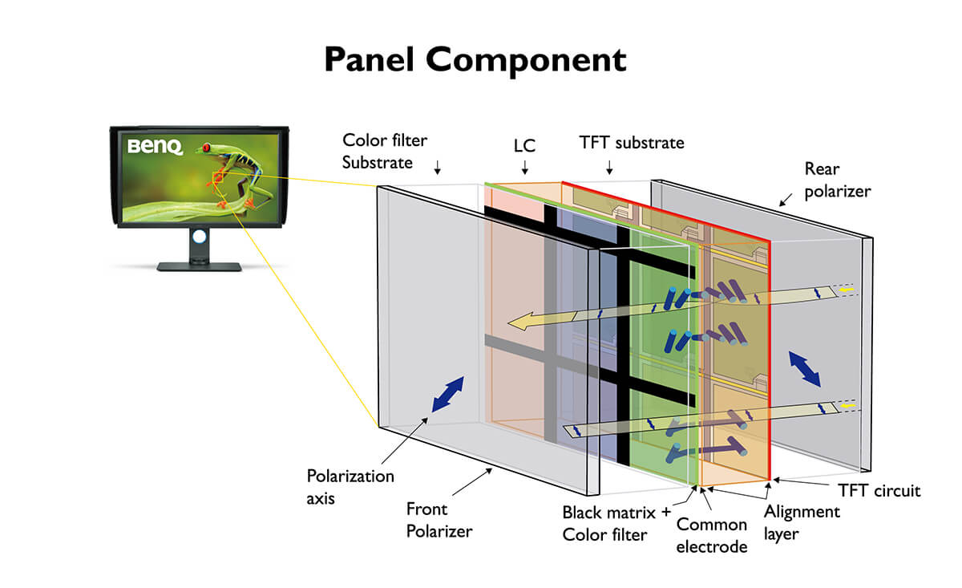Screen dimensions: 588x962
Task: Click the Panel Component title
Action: pyautogui.click(x=475, y=60)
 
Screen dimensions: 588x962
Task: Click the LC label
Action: pyautogui.click(x=525, y=147)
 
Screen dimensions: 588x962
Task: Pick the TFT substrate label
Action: pyautogui.click(x=632, y=143)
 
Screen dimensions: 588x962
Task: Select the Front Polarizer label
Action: pyautogui.click(x=439, y=519)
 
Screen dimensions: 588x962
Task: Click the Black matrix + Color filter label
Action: pyautogui.click(x=616, y=523)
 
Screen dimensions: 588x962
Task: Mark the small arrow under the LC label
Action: pyautogui.click(x=525, y=168)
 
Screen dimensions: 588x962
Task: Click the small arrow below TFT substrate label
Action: pyautogui.click(x=610, y=167)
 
